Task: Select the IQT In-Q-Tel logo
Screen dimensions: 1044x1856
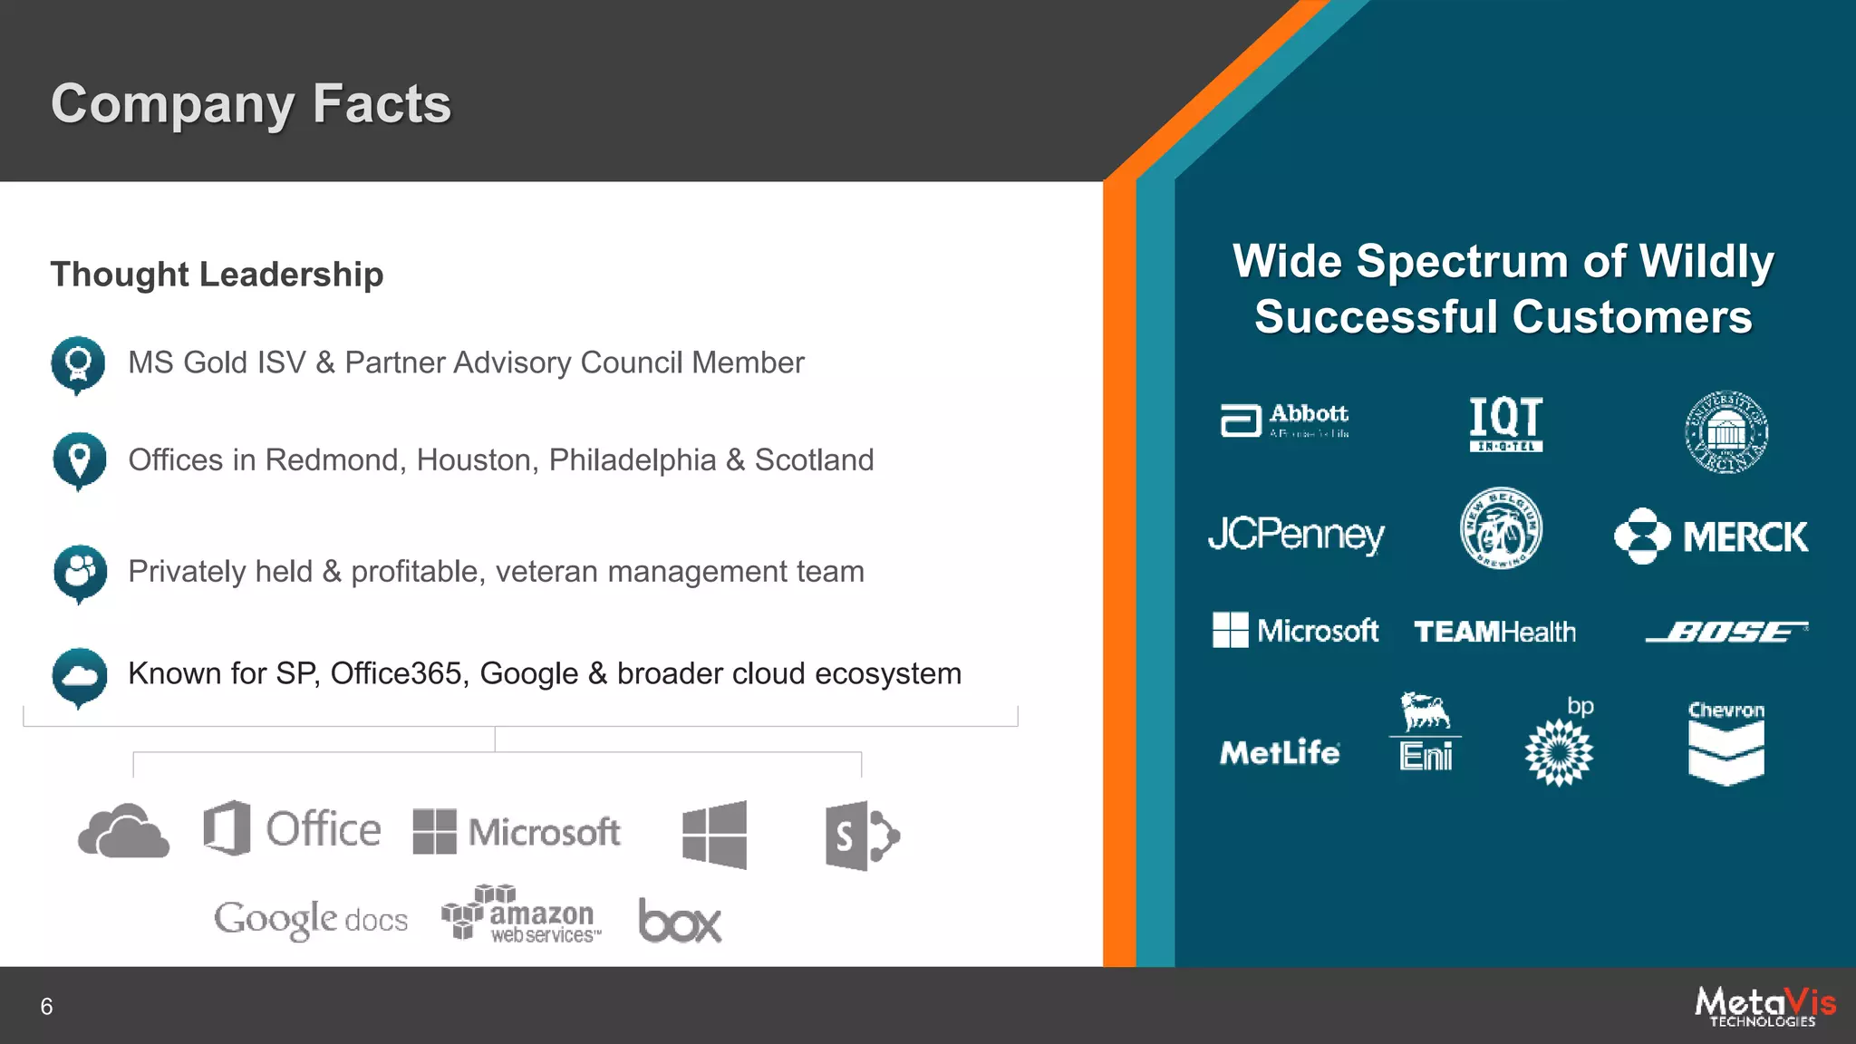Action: click(1505, 423)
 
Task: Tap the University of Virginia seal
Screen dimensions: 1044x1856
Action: click(1725, 432)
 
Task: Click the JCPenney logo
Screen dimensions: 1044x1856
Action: click(1296, 535)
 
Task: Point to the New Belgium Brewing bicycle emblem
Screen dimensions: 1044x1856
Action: click(1501, 529)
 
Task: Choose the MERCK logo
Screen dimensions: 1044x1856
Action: click(1711, 536)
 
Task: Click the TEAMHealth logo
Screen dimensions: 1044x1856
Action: click(1494, 632)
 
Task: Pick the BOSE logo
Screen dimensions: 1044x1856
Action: click(1726, 632)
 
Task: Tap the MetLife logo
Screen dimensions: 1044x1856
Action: click(1280, 752)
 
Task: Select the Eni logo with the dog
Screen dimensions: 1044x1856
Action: click(1426, 732)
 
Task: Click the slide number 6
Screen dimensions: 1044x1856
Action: click(46, 1007)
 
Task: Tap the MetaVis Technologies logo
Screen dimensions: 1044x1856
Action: click(1764, 1006)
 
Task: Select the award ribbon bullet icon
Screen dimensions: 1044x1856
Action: click(78, 364)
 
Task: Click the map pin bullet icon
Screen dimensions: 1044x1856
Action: click(80, 460)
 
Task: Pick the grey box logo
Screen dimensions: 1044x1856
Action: click(680, 921)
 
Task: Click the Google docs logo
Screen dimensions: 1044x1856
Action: click(311, 920)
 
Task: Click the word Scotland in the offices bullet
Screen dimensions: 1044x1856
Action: click(814, 460)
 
